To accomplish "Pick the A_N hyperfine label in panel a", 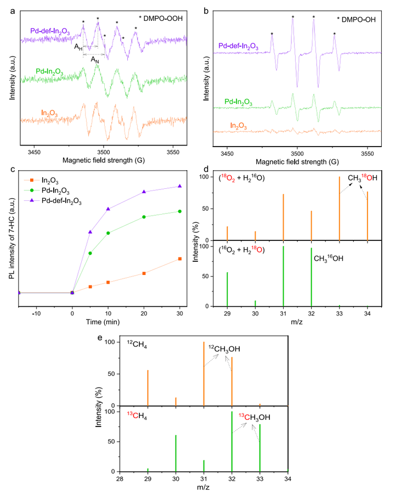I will click(95, 58).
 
